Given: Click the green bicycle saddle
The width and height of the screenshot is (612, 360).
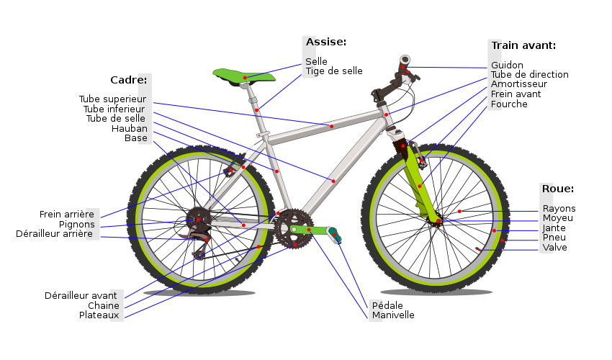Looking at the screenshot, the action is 244,75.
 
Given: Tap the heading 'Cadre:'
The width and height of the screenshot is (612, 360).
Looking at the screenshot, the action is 129,80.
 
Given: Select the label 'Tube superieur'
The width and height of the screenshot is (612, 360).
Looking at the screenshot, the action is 113,99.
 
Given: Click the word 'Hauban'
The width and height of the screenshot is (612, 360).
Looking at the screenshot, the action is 130,128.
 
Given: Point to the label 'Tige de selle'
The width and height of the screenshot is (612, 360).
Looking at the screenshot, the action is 334,71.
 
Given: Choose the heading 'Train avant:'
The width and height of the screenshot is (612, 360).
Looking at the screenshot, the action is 523,45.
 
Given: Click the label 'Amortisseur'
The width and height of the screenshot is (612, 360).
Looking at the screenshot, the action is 519,84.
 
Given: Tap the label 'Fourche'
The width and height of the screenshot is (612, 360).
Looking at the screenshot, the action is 509,104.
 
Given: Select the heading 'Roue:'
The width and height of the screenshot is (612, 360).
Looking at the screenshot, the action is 558,189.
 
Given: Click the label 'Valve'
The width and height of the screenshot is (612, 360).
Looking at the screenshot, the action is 555,248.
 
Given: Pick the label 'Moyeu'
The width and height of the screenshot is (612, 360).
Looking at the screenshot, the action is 558,218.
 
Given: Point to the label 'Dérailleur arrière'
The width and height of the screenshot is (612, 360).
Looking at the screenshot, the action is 54,234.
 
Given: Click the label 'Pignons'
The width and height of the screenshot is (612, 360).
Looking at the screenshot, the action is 77,225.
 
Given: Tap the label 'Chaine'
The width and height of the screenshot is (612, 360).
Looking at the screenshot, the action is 104,306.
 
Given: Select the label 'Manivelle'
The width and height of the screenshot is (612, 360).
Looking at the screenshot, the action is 393,315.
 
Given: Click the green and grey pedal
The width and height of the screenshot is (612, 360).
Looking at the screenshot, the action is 335,235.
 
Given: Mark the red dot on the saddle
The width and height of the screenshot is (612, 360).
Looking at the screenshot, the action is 245,78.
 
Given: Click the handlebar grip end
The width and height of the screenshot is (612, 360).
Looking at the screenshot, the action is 405,60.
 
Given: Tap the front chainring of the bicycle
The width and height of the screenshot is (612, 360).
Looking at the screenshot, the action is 294,229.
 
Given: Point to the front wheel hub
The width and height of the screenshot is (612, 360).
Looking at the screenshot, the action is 437,221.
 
